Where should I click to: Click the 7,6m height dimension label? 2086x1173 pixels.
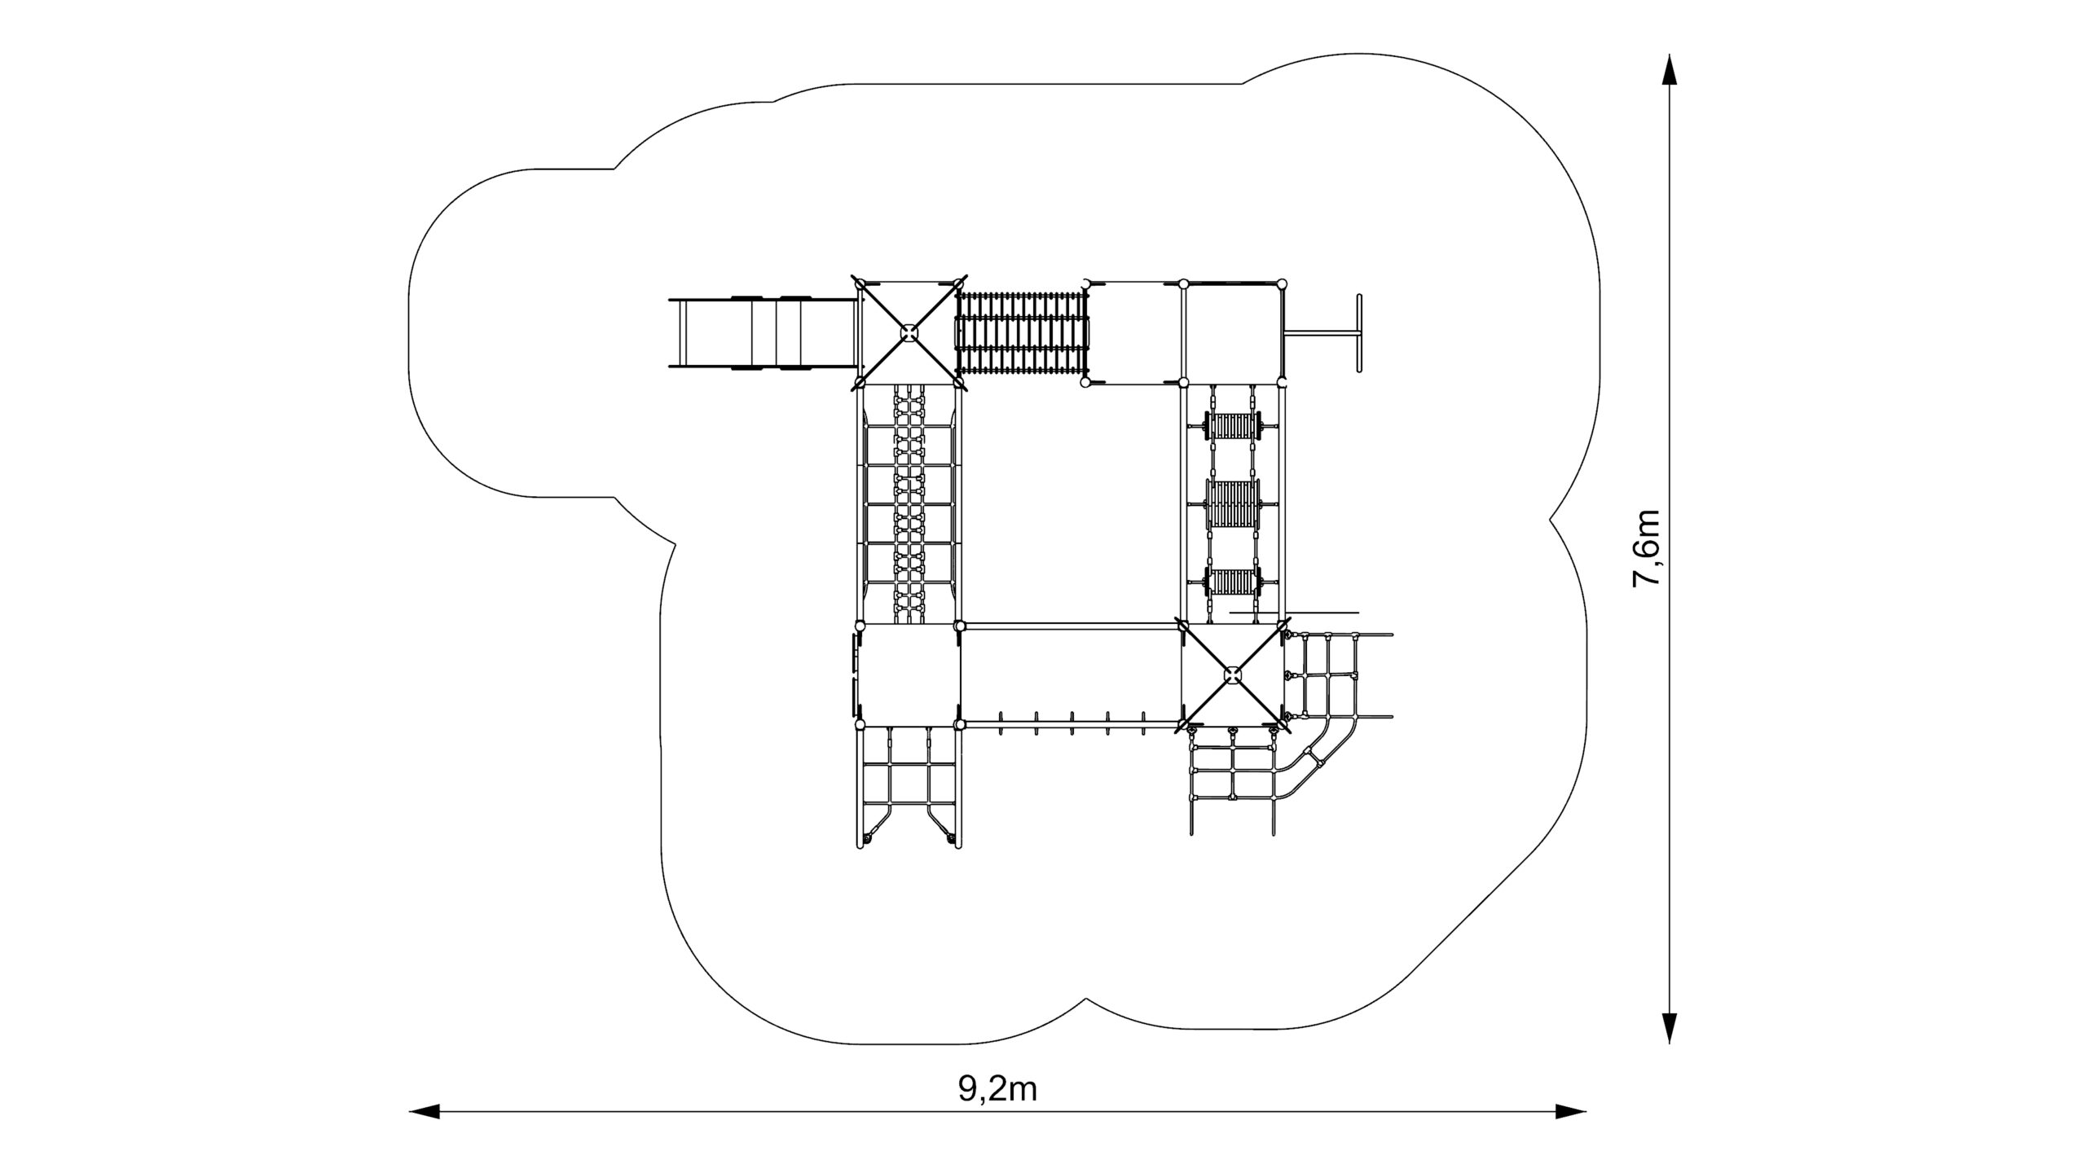click(x=1646, y=547)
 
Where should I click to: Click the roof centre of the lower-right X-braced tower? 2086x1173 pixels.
click(x=1232, y=674)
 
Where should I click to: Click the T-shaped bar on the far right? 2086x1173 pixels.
click(x=1323, y=332)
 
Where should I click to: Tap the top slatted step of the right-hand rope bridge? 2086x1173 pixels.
click(x=1232, y=427)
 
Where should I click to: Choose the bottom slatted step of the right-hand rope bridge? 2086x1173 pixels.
click(x=1232, y=582)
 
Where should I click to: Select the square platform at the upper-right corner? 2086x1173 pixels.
click(x=1232, y=332)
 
